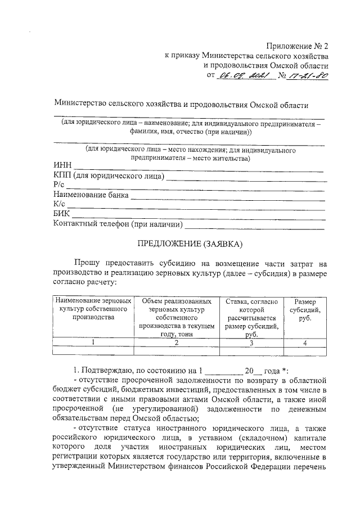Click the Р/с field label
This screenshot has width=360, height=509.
click(60, 186)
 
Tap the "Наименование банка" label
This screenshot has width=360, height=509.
click(91, 195)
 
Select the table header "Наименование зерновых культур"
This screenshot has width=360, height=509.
click(93, 309)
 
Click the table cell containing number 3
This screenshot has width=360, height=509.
click(251, 343)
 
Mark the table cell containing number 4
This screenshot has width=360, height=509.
click(305, 343)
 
